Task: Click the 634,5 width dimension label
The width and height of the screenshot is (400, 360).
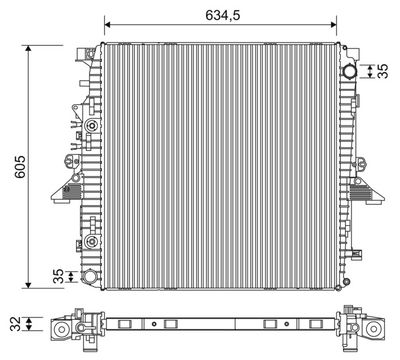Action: point(223,15)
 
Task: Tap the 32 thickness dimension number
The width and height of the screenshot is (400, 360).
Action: point(15,324)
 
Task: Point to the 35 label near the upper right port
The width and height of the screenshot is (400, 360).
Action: point(383,71)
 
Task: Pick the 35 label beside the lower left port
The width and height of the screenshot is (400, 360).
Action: point(59,276)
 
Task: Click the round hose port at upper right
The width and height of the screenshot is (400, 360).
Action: point(349,71)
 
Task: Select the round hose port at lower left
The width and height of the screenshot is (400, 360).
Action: point(90,277)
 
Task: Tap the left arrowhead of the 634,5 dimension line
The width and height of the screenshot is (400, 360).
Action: point(107,24)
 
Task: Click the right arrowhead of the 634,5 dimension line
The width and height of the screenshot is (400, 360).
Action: point(333,24)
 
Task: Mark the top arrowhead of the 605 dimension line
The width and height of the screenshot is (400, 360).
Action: point(28,48)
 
